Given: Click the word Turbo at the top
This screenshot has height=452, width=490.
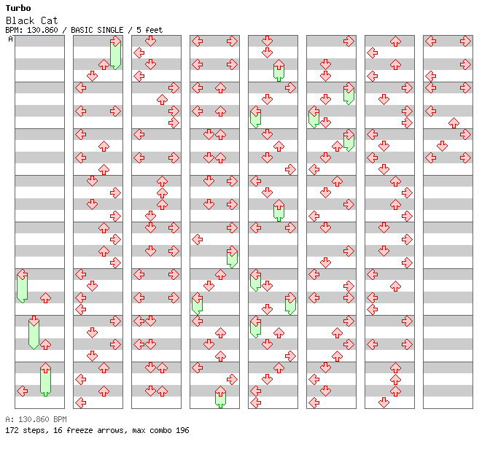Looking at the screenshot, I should pos(18,8).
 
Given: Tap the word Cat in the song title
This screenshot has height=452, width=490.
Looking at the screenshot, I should pos(49,20).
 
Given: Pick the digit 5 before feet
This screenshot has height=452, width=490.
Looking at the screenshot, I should pos(139,30).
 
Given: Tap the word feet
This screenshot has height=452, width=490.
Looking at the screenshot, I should pos(153,30).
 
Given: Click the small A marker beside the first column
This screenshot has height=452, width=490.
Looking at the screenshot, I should pos(10,39).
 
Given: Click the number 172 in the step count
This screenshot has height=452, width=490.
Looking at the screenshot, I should pos(12,430).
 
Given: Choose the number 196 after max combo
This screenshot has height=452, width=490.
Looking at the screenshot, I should pos(182,430).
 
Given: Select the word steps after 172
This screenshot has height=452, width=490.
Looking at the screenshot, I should pos(34,430).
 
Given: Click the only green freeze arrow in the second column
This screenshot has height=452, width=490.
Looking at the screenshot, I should pos(115,54).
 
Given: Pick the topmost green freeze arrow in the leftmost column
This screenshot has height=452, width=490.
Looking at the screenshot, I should pos(22,286).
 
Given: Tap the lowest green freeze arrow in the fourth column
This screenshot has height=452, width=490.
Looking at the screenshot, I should pos(220,397).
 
